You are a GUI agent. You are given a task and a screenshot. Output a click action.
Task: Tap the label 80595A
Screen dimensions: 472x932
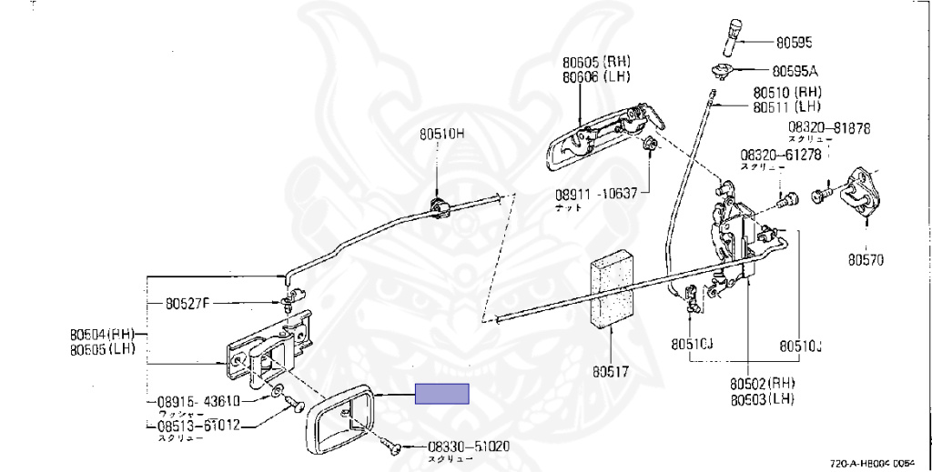(x=795, y=70)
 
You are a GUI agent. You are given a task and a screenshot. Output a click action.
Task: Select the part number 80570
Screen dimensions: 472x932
(x=866, y=260)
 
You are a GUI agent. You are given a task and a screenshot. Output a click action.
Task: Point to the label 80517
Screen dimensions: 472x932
(x=611, y=372)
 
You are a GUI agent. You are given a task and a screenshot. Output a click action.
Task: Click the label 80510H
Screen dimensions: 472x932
(x=441, y=134)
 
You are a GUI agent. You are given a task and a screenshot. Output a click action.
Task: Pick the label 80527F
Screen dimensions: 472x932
(x=187, y=303)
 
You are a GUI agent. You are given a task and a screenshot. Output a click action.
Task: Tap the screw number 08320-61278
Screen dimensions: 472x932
(x=781, y=155)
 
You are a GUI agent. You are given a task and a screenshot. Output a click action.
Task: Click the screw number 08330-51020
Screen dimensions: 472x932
(x=469, y=447)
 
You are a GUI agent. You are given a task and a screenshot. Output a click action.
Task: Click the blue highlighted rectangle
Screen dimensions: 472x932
(x=442, y=394)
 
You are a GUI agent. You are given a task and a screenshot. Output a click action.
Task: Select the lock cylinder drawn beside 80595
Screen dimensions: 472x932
(x=734, y=35)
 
